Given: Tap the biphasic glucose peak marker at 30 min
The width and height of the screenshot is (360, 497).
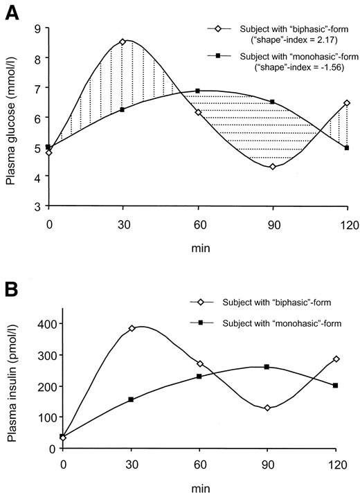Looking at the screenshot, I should (123, 42).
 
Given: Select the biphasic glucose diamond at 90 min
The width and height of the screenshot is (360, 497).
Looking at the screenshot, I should (273, 166).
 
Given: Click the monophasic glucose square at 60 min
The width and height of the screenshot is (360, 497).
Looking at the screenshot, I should (198, 91).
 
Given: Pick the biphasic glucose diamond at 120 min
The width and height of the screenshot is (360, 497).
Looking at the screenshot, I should (347, 103).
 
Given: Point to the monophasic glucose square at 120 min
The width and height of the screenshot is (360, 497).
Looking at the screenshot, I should (347, 147).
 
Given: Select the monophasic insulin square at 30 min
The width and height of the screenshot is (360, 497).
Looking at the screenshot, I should (132, 399).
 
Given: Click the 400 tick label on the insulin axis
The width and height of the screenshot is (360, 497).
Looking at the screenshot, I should (39, 324).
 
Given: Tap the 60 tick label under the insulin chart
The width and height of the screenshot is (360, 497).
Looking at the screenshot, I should (199, 462).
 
